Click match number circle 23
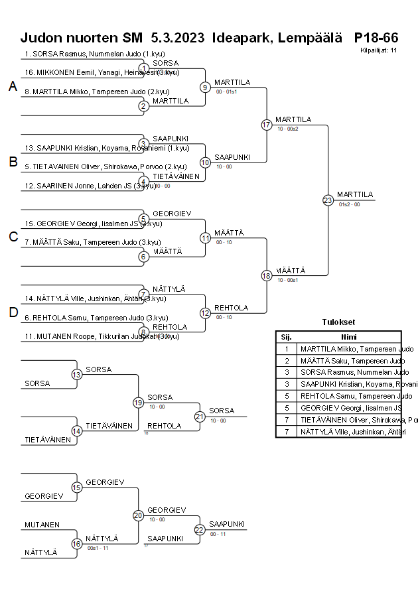click(328, 200)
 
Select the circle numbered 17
click(267, 125)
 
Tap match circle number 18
click(267, 276)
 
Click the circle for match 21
click(200, 417)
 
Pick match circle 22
click(200, 529)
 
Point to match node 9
click(206, 87)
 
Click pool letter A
click(12, 86)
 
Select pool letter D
click(12, 313)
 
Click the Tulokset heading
click(338, 322)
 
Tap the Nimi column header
click(349, 336)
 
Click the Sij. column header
click(286, 336)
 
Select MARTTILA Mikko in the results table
click(348, 349)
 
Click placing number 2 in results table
click(286, 361)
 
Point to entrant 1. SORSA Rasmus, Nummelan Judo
click(86, 54)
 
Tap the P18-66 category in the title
click(376, 37)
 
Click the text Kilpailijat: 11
click(378, 50)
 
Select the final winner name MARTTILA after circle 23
click(355, 194)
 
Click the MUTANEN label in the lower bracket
click(42, 525)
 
